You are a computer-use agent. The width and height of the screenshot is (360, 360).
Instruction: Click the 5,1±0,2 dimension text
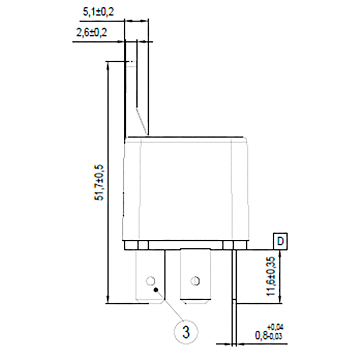pyautogui.click(x=98, y=12)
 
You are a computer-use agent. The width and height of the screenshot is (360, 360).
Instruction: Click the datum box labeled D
pyautogui.click(x=280, y=241)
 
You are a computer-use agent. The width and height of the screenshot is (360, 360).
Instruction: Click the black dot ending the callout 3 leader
pyautogui.click(x=156, y=289)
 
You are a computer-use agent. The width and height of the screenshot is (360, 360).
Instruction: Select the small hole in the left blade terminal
pyautogui.click(x=150, y=280)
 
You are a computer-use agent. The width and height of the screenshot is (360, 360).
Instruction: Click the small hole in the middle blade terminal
pyautogui.click(x=195, y=280)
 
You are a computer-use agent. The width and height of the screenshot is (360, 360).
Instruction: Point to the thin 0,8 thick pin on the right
pyautogui.click(x=234, y=288)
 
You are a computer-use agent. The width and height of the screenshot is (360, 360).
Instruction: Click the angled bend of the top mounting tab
pyautogui.click(x=142, y=121)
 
